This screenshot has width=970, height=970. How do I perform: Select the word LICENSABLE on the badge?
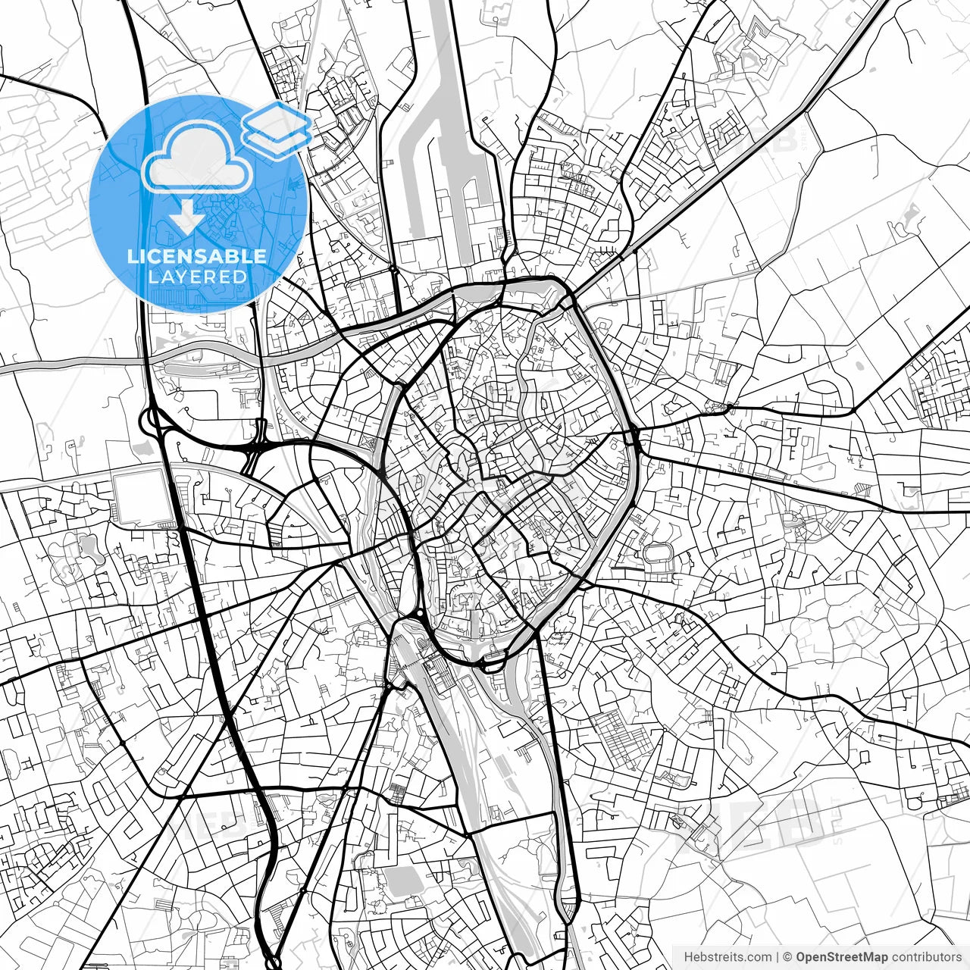point(197,256)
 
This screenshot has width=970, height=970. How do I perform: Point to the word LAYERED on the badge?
point(197,277)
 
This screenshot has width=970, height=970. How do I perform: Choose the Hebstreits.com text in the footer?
point(728,957)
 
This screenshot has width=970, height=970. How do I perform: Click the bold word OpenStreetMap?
point(842,957)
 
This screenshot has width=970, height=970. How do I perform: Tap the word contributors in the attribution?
point(926,957)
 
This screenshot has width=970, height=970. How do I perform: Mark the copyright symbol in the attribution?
point(787,957)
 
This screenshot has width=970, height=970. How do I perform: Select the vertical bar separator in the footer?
point(778,957)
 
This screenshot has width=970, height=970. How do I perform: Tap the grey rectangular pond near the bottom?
point(402,881)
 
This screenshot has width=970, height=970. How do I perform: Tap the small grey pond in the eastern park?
point(796,520)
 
